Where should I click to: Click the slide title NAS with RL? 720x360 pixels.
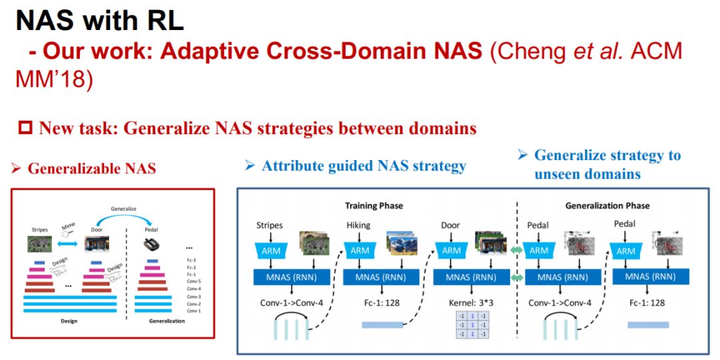99,21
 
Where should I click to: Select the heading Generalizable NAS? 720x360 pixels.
91,169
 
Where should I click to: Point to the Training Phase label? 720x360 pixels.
374,205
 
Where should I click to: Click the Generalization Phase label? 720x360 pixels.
607,205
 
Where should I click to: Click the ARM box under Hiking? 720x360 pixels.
361,251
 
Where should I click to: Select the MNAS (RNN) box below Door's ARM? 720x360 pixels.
469,277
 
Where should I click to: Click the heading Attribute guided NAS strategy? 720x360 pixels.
363,165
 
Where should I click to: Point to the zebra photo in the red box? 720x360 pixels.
39,245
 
